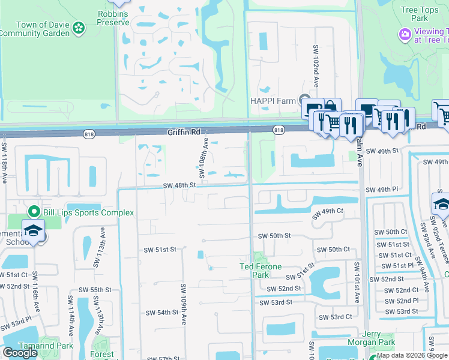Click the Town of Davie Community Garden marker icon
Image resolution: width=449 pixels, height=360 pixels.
pyautogui.click(x=78, y=28)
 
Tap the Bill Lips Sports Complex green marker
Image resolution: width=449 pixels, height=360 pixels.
pyautogui.click(x=34, y=212)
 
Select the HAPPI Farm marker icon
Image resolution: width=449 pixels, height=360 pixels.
pyautogui.click(x=306, y=100)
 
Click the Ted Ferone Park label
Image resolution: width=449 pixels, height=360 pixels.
pyautogui.click(x=262, y=266)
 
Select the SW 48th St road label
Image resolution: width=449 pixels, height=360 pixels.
pyautogui.click(x=179, y=185)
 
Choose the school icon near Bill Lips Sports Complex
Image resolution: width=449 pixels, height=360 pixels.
pyautogui.click(x=34, y=231)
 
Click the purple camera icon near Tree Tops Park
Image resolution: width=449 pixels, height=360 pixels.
pyautogui.click(x=405, y=35)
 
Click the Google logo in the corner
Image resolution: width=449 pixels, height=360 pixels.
pyautogui.click(x=20, y=352)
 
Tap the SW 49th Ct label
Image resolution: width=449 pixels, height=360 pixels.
pyautogui.click(x=327, y=211)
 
